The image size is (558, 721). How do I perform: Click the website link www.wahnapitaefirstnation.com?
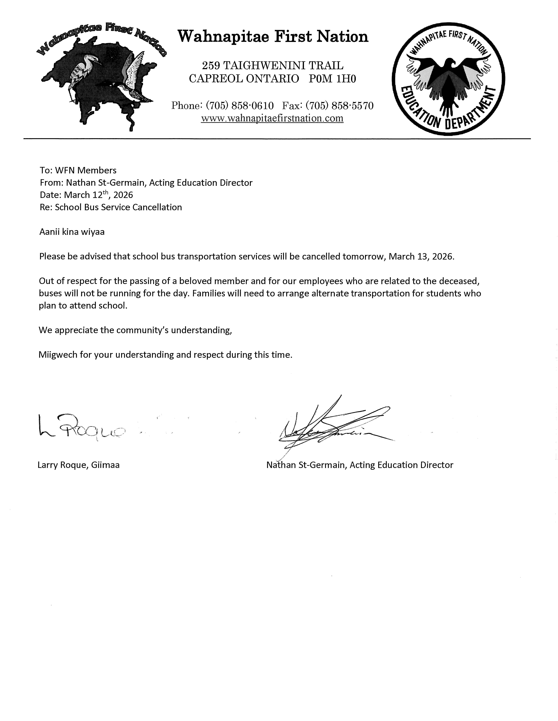[x=272, y=118]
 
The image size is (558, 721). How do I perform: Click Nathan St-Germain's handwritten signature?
[x=334, y=426]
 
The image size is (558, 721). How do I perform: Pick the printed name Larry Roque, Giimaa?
[x=79, y=465]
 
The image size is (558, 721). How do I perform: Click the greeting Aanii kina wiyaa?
[x=72, y=232]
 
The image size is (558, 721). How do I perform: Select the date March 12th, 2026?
[x=98, y=195]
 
